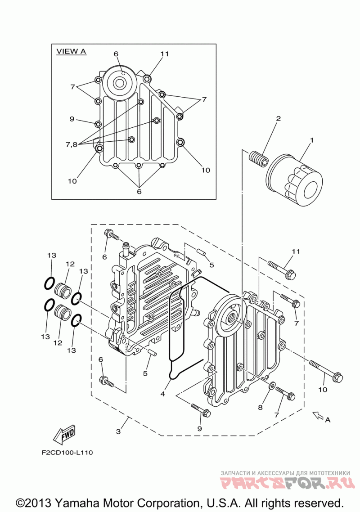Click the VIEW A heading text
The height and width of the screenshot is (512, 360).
point(71,51)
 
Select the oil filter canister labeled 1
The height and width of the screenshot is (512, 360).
point(294,180)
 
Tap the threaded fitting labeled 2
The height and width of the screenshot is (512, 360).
point(258,158)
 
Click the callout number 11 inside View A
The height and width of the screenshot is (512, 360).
point(165,54)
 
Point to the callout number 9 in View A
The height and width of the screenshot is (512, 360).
point(72,119)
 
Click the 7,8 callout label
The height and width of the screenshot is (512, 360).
point(72,144)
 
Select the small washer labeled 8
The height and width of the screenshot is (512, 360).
point(271,385)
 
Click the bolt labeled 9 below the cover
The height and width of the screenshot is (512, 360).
point(201,410)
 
